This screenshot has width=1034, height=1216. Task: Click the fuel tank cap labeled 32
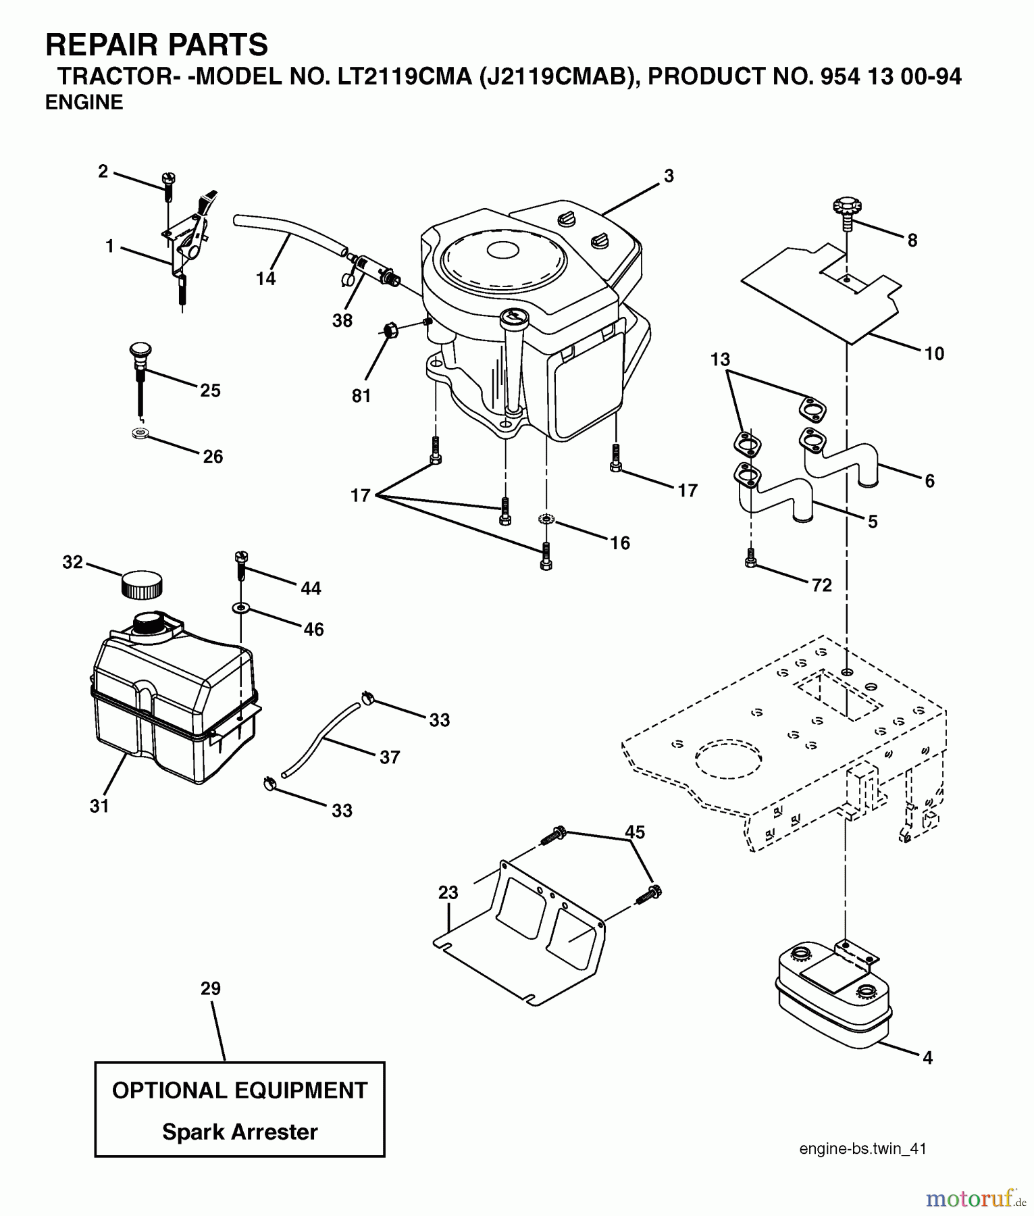(x=142, y=585)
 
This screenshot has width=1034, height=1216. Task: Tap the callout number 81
(x=361, y=396)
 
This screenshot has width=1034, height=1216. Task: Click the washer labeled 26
(x=140, y=433)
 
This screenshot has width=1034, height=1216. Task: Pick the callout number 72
(x=821, y=585)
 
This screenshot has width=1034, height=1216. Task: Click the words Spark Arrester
(x=240, y=1132)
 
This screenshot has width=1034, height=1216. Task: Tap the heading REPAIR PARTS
(x=157, y=45)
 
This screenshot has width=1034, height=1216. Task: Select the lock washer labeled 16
(x=546, y=520)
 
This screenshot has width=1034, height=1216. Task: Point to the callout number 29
(x=211, y=988)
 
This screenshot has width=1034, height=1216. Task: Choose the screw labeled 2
(x=167, y=184)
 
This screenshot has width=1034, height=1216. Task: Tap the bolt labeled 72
(x=750, y=558)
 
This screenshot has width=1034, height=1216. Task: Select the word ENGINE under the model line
(x=84, y=102)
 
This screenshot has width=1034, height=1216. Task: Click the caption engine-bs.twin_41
(x=862, y=1148)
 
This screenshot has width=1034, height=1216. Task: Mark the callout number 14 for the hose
(x=265, y=278)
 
